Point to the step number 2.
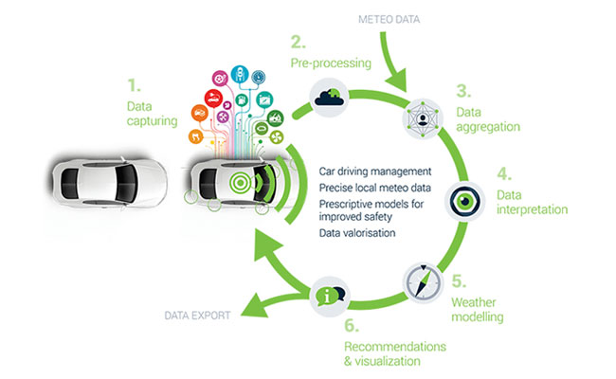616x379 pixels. (x=298, y=43)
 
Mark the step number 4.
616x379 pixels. (x=504, y=175)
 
